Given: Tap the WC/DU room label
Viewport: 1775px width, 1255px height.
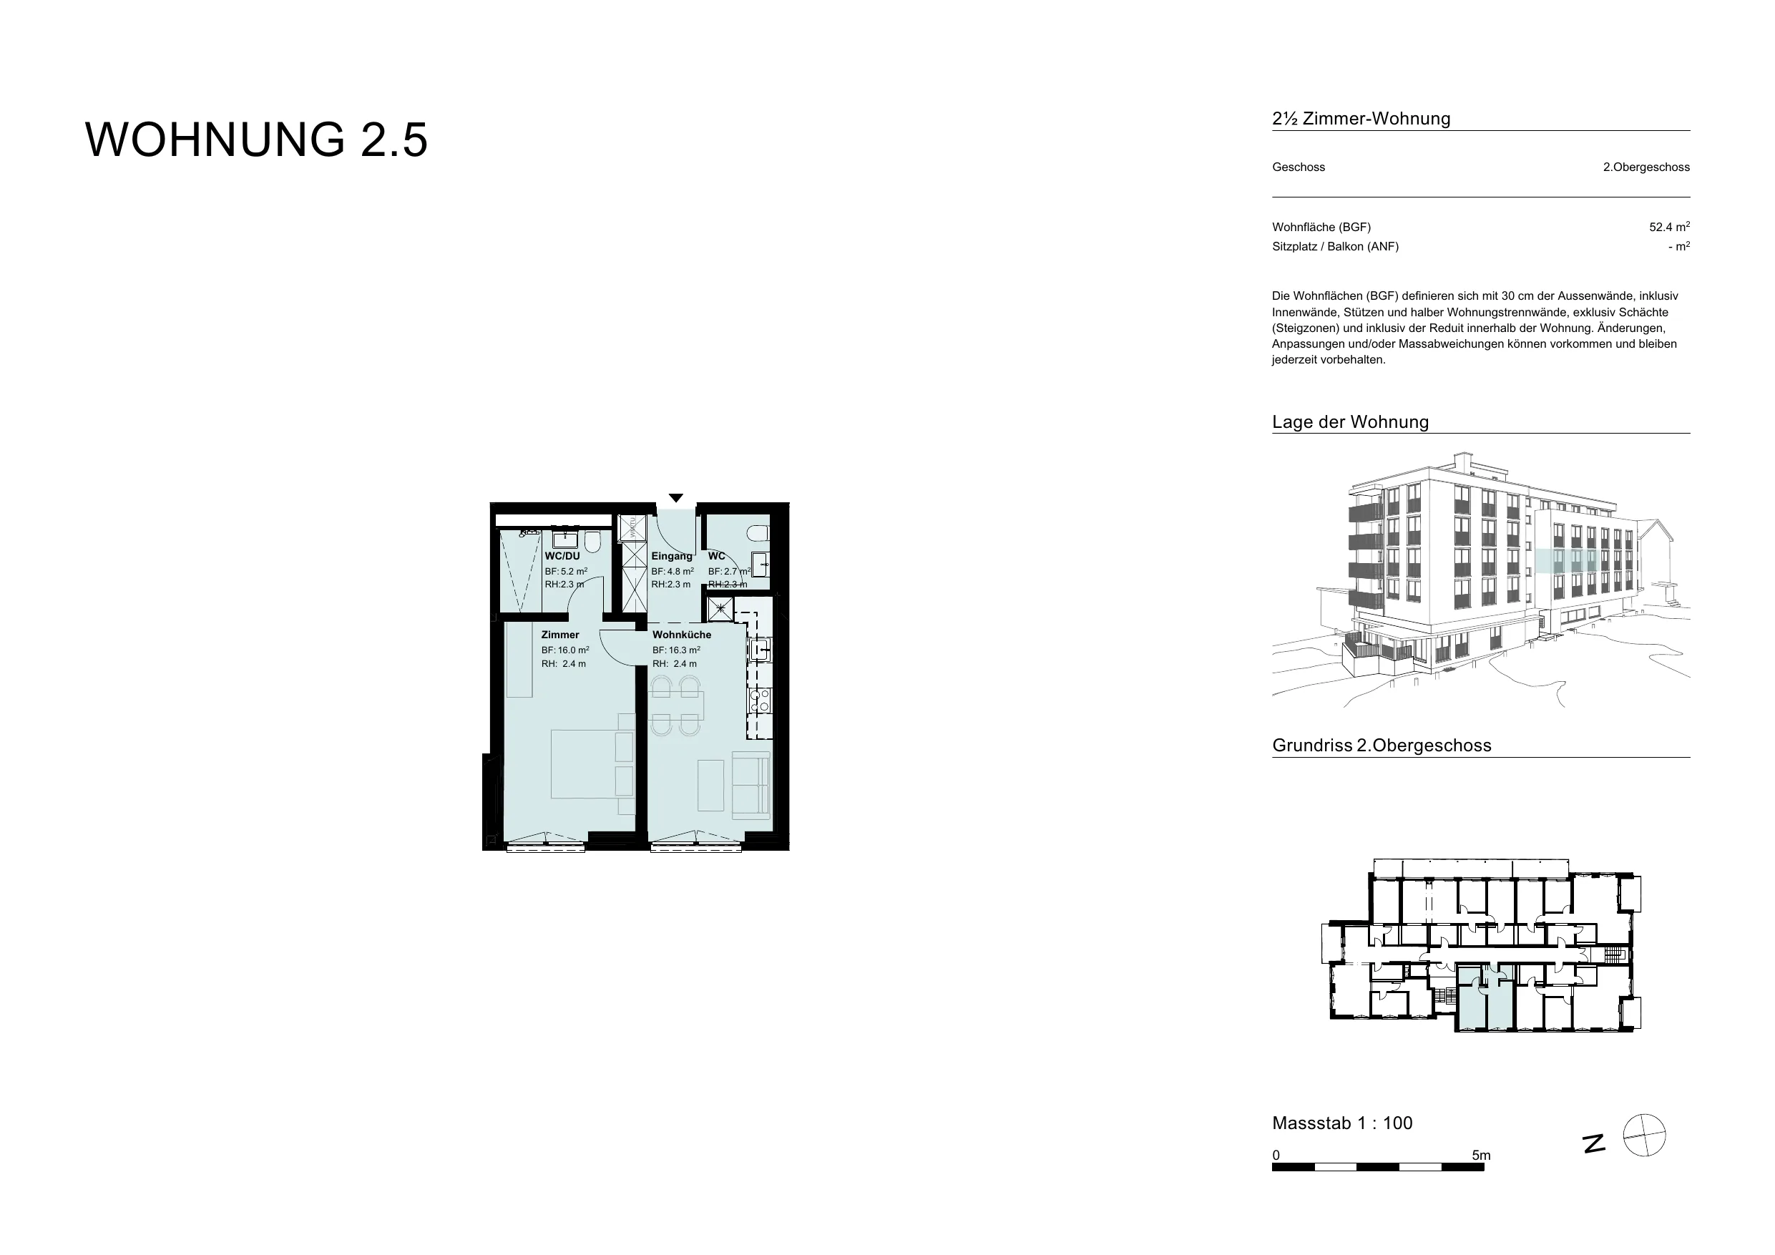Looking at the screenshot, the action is [x=562, y=556].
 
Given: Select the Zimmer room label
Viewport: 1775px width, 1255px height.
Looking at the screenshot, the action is [x=559, y=635].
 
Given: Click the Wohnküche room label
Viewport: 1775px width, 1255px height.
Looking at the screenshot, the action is [x=681, y=635].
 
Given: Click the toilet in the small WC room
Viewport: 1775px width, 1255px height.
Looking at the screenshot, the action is [x=760, y=534].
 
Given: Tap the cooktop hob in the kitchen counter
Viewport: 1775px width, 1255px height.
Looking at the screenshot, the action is [x=759, y=700].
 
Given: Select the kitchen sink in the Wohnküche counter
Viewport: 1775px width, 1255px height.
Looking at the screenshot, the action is [x=760, y=649].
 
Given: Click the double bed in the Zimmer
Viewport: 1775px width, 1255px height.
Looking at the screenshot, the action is [x=592, y=763].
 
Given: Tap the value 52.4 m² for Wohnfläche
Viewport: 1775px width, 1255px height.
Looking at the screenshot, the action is [x=1669, y=227].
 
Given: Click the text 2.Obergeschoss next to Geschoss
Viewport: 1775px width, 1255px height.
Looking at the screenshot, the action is [x=1646, y=167].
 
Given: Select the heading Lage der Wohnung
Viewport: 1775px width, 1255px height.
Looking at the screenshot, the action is [x=1351, y=422].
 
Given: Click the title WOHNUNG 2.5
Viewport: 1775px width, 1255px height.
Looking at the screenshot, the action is [x=256, y=140].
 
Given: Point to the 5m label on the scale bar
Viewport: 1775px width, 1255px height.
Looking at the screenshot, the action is [x=1481, y=1156].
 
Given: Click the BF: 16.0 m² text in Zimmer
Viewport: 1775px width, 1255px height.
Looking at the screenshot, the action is [x=565, y=650].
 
